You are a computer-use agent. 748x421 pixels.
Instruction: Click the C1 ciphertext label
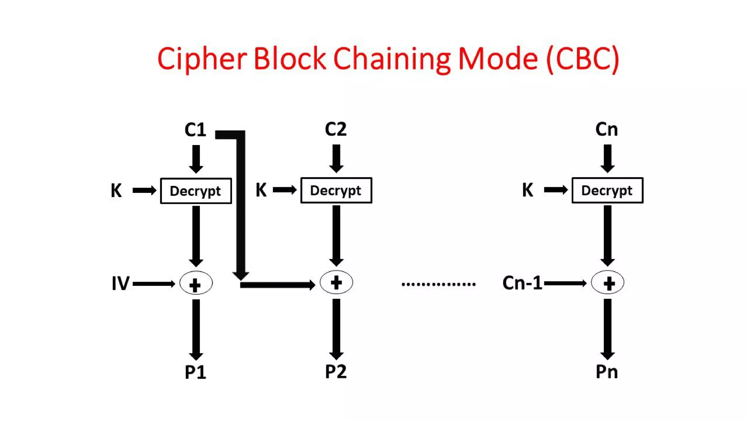point(195,130)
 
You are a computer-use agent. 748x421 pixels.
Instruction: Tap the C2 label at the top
point(336,129)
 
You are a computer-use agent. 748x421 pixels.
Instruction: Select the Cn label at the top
point(606,129)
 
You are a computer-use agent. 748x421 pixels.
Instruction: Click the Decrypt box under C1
point(196,191)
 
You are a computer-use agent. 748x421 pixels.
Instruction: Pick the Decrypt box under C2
point(336,190)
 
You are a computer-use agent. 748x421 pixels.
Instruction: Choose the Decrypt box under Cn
point(607,190)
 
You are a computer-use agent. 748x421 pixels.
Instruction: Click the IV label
point(121,284)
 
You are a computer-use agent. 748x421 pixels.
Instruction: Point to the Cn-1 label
point(522,283)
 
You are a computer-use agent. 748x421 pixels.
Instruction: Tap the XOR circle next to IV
point(196,283)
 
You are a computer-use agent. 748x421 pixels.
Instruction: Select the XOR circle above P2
point(336,282)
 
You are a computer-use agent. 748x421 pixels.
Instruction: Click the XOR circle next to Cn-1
point(607,282)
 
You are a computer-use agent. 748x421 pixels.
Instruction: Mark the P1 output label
point(195,372)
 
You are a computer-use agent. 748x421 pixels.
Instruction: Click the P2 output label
point(336,372)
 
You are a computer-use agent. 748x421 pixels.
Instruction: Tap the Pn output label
point(606,372)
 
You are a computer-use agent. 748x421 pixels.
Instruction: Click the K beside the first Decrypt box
point(116,191)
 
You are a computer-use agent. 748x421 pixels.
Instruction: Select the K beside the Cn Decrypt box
point(527,190)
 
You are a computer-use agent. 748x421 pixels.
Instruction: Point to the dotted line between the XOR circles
point(438,284)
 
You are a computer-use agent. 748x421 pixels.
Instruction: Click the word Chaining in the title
point(392,58)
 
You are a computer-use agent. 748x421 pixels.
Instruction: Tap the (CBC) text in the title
point(583,58)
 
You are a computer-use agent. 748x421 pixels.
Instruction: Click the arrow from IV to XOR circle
point(153,284)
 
